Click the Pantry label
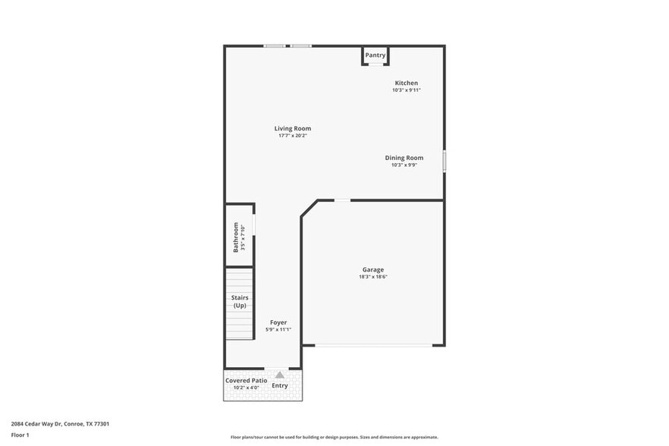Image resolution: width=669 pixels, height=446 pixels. pyautogui.click(x=375, y=55)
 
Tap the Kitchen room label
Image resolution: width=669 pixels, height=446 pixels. pyautogui.click(x=406, y=83)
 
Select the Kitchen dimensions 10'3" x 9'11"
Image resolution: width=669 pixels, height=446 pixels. pyautogui.click(x=406, y=90)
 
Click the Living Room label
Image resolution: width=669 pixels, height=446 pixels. pyautogui.click(x=293, y=128)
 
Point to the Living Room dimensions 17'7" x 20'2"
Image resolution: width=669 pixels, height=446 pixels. pyautogui.click(x=293, y=136)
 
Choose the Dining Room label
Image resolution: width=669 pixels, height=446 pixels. pyautogui.click(x=404, y=158)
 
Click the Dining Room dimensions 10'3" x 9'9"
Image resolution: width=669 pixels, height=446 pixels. pyautogui.click(x=404, y=165)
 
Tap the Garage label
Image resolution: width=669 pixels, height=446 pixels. pyautogui.click(x=372, y=269)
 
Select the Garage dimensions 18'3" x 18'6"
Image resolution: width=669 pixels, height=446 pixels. pyautogui.click(x=372, y=277)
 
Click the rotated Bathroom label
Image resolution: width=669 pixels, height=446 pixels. pyautogui.click(x=236, y=237)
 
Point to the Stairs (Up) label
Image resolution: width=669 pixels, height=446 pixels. pyautogui.click(x=240, y=301)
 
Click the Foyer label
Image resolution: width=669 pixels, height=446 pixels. pyautogui.click(x=278, y=322)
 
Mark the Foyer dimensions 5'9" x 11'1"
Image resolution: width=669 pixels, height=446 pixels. pyautogui.click(x=278, y=330)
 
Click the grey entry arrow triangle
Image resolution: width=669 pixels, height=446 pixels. pyautogui.click(x=280, y=375)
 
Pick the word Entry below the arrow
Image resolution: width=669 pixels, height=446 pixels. pyautogui.click(x=280, y=385)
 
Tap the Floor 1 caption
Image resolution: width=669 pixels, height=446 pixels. pyautogui.click(x=20, y=435)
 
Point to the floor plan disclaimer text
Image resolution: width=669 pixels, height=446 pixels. pyautogui.click(x=334, y=437)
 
